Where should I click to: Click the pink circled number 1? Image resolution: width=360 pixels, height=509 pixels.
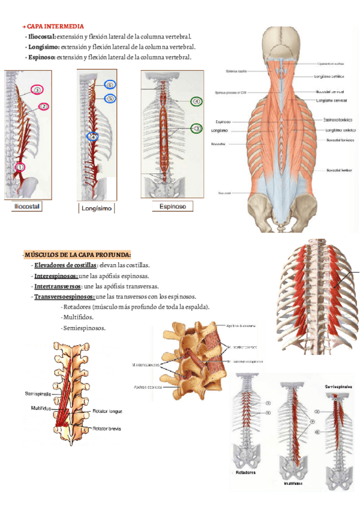click(x=20, y=167)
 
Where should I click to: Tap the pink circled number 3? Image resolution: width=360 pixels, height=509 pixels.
click(x=37, y=90)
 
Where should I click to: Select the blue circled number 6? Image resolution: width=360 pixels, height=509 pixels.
click(x=110, y=85)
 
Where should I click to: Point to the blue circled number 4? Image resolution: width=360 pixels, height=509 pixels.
click(x=92, y=136)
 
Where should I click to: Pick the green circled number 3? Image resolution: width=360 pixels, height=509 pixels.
click(x=196, y=128)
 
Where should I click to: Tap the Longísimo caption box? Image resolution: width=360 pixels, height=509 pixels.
click(x=97, y=208)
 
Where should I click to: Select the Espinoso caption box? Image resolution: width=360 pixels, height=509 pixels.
click(x=172, y=206)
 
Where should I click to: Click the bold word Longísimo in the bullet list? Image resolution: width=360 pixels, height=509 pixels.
click(x=42, y=46)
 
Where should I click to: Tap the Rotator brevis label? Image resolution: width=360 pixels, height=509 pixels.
click(x=107, y=429)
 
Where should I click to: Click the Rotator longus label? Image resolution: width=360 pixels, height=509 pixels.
click(x=107, y=412)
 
